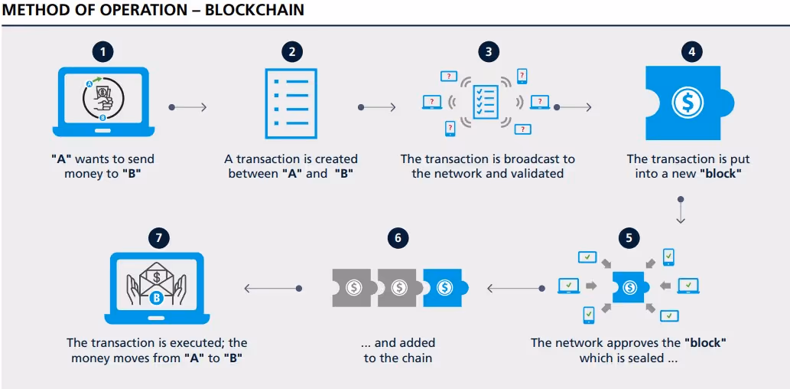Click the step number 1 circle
102,52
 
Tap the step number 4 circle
691,52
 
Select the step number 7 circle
158,237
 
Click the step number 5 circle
629,237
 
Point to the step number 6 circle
397,237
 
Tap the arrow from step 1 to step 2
188,107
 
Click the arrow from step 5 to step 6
514,289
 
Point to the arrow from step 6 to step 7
272,289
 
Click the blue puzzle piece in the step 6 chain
444,288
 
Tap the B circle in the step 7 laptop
157,298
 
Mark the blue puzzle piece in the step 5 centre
629,287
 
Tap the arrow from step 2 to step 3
377,107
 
